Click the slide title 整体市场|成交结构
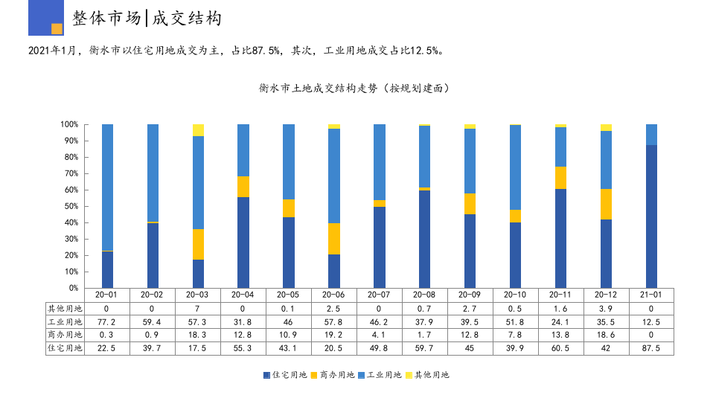click(x=147, y=19)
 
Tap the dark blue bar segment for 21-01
click(x=651, y=216)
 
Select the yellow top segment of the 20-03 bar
click(x=198, y=130)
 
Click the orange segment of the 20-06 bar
click(x=334, y=239)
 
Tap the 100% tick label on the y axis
click(x=69, y=124)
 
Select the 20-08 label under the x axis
click(x=424, y=295)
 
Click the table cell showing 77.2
click(x=107, y=322)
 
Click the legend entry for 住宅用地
click(x=285, y=375)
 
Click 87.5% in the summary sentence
click(x=266, y=51)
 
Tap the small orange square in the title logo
click(x=57, y=29)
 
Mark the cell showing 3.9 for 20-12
click(x=606, y=309)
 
